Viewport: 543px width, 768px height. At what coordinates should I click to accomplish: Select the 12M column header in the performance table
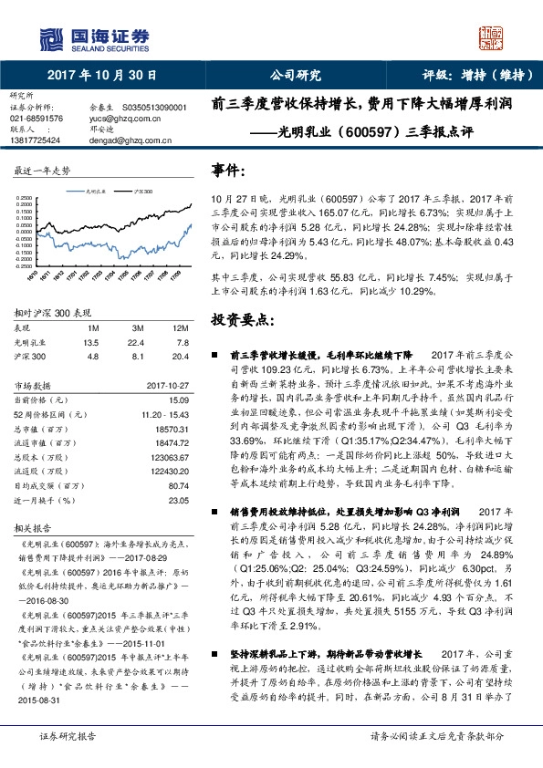coord(179,327)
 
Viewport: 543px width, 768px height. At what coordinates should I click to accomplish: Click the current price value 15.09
coord(177,400)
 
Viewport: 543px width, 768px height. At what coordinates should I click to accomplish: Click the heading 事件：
coord(228,170)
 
